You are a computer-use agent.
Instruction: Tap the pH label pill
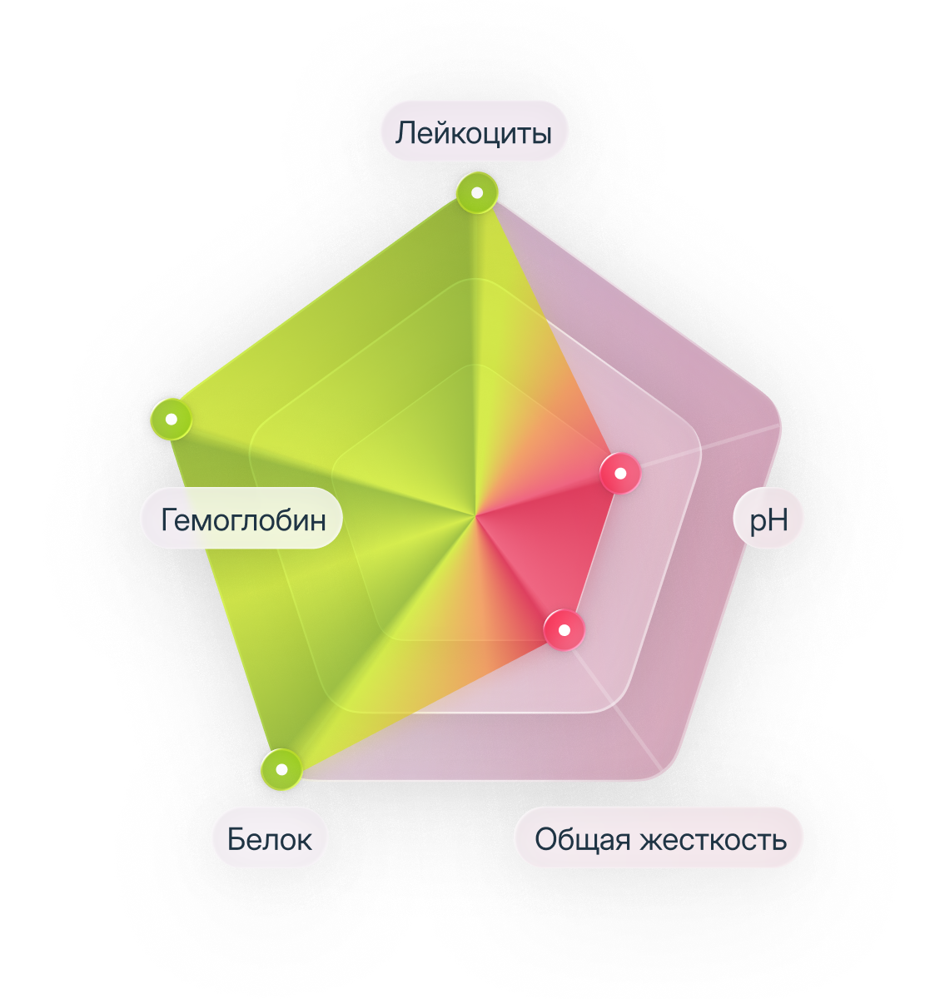pos(767,519)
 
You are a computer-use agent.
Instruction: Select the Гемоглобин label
pos(242,519)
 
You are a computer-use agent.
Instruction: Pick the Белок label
pos(269,838)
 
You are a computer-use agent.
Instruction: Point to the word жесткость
pos(714,839)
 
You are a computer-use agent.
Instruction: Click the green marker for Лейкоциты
pos(477,192)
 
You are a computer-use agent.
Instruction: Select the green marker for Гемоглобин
pos(172,420)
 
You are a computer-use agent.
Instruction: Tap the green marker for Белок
pos(281,769)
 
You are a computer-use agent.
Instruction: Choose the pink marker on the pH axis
pos(620,473)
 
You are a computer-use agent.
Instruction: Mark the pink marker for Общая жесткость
pos(565,630)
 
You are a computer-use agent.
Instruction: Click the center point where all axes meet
pos(475,516)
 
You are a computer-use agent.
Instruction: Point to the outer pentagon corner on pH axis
pos(779,425)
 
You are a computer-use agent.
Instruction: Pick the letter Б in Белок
pos(236,839)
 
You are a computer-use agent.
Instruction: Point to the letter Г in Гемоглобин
pos(169,519)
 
